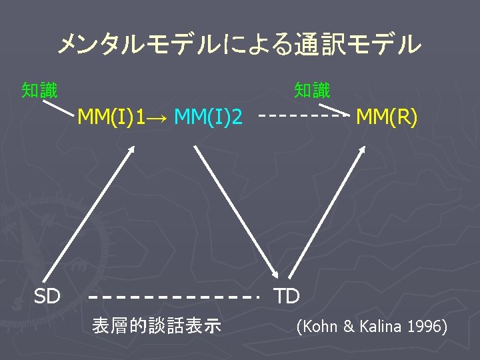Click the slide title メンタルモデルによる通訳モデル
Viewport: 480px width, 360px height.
[239, 45]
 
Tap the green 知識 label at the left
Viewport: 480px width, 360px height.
[39, 89]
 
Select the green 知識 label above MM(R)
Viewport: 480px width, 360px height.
[312, 89]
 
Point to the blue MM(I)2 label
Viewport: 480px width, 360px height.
[207, 118]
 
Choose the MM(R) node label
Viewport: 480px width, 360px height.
[387, 118]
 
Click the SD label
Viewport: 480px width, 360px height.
[47, 296]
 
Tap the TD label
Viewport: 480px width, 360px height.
[287, 296]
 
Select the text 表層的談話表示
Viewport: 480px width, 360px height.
[157, 326]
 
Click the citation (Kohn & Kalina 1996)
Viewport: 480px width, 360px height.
[371, 327]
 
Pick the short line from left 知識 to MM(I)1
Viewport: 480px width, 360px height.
[59, 106]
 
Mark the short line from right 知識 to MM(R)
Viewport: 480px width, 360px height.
[333, 108]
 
